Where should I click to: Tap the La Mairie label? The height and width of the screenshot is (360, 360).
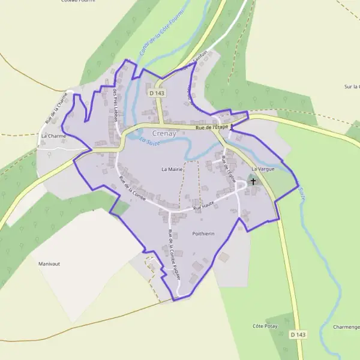(172, 170)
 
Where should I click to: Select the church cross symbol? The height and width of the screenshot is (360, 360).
(253, 181)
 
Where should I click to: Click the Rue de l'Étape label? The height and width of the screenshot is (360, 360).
(212, 127)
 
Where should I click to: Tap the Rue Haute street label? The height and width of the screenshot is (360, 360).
(203, 206)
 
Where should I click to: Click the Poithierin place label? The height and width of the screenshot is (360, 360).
(204, 233)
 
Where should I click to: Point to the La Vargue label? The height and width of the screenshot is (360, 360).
(263, 170)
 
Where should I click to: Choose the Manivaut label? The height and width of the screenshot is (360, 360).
(50, 264)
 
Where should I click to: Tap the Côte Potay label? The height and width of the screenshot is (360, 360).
(264, 326)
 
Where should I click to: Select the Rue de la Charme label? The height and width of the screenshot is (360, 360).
(55, 108)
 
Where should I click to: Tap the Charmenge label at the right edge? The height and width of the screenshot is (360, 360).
(347, 328)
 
